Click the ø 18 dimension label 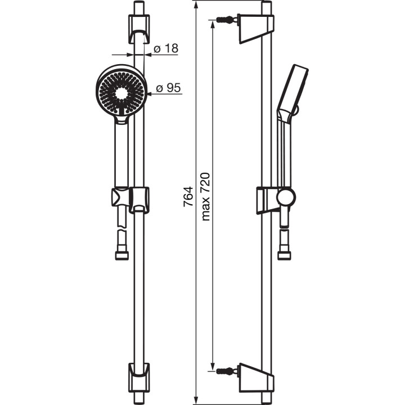click(166, 49)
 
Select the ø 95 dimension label click(168, 88)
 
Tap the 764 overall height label click(189, 197)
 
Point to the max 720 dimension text click(205, 196)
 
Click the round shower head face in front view click(121, 90)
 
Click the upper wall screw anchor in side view click(223, 21)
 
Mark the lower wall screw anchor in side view click(223, 371)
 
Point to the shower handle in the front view click(121, 152)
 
